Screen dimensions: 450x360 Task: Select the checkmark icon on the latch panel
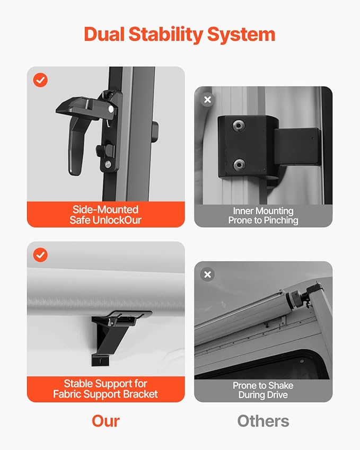click(40, 80)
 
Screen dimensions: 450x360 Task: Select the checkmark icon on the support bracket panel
click(40, 255)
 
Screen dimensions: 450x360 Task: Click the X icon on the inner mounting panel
click(208, 100)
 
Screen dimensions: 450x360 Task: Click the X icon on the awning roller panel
click(208, 275)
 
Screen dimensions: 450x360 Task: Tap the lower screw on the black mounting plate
click(240, 163)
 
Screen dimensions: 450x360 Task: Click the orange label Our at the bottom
click(106, 421)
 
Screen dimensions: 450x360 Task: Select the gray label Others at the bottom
click(263, 421)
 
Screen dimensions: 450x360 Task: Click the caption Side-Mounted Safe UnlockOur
click(106, 215)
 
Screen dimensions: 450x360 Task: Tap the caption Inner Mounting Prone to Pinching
click(263, 216)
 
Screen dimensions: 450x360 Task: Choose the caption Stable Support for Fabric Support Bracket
click(106, 389)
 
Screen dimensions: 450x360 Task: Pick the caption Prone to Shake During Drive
click(263, 390)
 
